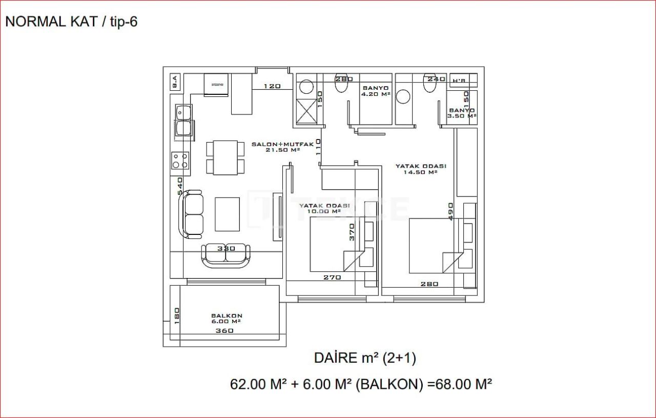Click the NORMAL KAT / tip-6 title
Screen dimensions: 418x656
coord(71,22)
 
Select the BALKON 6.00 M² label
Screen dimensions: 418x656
coord(227,319)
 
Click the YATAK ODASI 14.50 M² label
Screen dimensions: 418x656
coord(420,169)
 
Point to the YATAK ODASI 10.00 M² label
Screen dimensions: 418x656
coord(324,208)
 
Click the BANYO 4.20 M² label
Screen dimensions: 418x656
coord(376,91)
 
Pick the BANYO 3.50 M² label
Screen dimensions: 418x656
coord(462,113)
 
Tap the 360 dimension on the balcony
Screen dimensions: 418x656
coord(224,331)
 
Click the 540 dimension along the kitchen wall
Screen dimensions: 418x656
coord(180,185)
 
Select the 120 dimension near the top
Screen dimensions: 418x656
coord(272,86)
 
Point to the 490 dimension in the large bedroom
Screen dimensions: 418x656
coord(451,211)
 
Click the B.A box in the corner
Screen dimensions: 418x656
coord(175,82)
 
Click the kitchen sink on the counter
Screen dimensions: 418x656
coord(183,122)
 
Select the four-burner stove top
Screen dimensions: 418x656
coord(180,161)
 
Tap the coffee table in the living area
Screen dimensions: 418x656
coord(227,214)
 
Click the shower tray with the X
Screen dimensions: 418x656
coord(307,111)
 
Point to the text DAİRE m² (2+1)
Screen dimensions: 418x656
coord(365,359)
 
